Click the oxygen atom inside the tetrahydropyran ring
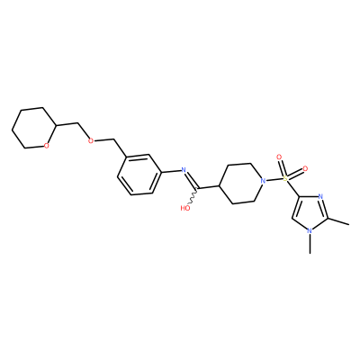(46, 146)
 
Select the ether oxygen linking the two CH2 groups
(91, 140)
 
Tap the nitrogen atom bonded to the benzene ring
(184, 170)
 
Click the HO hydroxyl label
(185, 208)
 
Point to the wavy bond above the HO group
(193, 197)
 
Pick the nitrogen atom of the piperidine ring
(263, 181)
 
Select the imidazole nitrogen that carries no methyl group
(320, 197)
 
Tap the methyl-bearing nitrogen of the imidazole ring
(310, 231)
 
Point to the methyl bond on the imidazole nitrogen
(310, 244)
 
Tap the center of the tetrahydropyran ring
(34, 128)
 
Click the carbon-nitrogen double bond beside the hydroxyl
(191, 180)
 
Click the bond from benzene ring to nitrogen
(172, 172)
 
